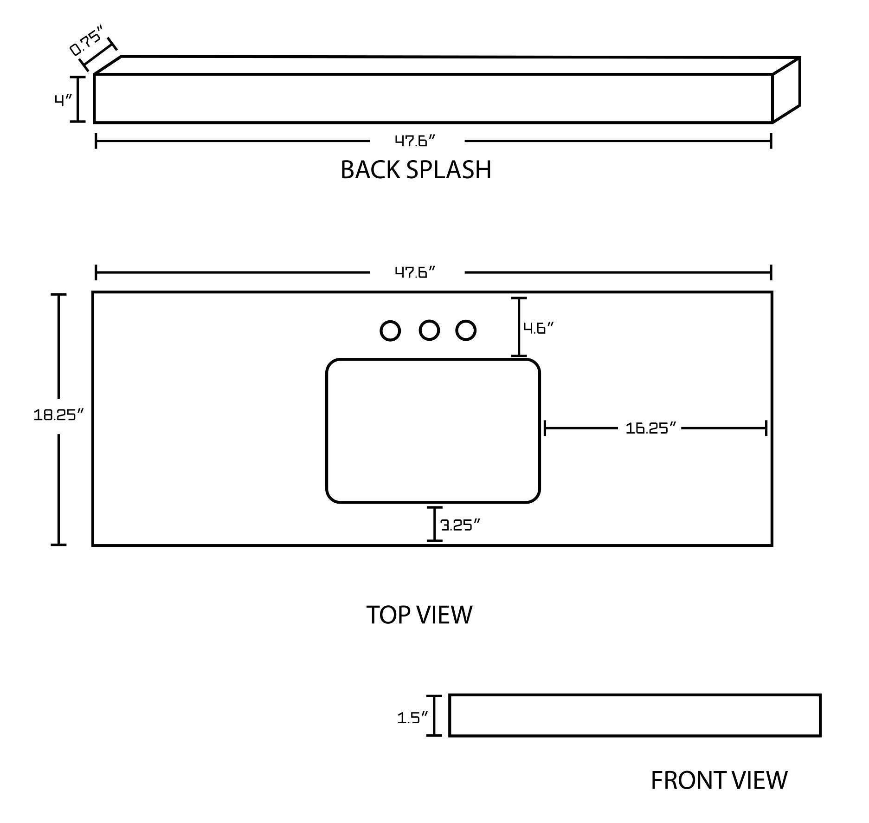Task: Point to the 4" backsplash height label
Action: (x=63, y=100)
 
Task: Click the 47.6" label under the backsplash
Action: (x=416, y=141)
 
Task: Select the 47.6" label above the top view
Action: (x=416, y=272)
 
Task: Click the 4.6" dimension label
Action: (x=539, y=328)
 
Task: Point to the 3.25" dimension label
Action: (x=460, y=525)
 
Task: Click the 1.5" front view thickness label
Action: (x=412, y=718)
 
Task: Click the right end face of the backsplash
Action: (x=786, y=90)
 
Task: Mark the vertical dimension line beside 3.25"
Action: (x=434, y=524)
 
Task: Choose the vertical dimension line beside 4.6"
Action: (x=519, y=327)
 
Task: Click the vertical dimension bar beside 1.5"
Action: (x=434, y=715)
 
